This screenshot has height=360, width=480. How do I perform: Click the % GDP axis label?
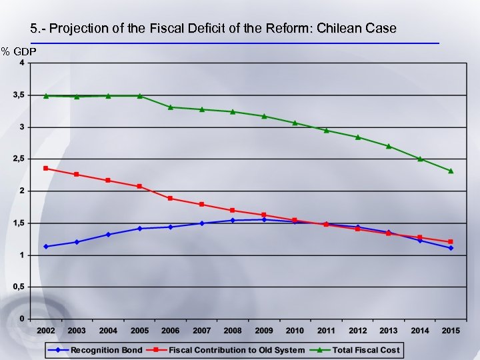19,51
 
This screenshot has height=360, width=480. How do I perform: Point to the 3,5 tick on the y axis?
19,95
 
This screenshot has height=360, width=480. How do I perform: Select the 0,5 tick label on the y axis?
19,287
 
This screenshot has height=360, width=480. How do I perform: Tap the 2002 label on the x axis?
46,331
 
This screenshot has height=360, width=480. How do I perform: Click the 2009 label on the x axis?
264,331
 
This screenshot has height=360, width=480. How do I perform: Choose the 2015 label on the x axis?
451,331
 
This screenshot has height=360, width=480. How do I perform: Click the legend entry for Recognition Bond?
107,349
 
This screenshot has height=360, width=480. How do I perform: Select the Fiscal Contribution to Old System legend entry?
237,349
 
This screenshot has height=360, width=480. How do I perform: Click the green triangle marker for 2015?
451,171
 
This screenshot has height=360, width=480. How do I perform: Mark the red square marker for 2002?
46,168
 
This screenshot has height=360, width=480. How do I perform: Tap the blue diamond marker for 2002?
46,247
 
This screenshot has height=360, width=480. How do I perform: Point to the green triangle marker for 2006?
171,107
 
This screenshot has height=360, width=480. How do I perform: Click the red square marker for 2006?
171,198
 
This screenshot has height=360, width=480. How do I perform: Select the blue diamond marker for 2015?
451,248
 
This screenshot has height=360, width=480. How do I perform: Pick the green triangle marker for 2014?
420,159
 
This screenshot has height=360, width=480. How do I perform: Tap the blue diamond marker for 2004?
108,235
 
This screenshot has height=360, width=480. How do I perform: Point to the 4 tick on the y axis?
22,63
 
